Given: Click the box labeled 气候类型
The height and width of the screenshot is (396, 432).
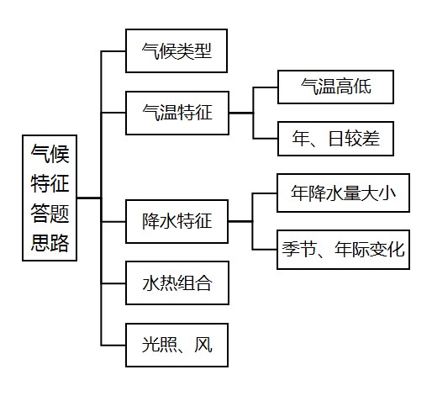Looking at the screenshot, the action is [176, 50].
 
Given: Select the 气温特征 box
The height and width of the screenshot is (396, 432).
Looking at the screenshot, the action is [177, 113].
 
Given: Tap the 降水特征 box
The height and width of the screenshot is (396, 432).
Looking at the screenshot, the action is [176, 221].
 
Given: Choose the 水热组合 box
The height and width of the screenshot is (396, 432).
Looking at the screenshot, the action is [177, 283].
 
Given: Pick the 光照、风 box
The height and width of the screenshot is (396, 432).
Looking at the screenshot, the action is [176, 345].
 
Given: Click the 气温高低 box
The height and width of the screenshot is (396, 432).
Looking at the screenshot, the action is [335, 87].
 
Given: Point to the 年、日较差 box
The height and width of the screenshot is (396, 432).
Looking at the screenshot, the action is [335, 139].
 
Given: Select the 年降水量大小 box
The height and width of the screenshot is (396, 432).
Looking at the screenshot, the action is [343, 193].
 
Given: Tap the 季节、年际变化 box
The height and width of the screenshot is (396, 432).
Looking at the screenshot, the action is [343, 250].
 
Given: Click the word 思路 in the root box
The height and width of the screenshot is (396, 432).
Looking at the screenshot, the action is [50, 243].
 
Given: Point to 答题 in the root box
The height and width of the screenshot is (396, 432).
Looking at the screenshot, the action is [50, 213].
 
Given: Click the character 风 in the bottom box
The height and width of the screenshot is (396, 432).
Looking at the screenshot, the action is [203, 345].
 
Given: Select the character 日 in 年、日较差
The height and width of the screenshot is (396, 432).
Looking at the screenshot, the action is [336, 139].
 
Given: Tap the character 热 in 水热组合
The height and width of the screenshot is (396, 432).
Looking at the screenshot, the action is [168, 283].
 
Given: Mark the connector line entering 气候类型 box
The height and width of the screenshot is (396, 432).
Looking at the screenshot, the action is [113, 51].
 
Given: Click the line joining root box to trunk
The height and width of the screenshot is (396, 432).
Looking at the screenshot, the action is [89, 198].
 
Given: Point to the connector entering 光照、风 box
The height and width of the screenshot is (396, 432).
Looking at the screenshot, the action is [113, 345].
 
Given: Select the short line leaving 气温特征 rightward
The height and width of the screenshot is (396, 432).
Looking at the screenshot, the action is [241, 113].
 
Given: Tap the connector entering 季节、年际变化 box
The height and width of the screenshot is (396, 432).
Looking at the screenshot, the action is [265, 249].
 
